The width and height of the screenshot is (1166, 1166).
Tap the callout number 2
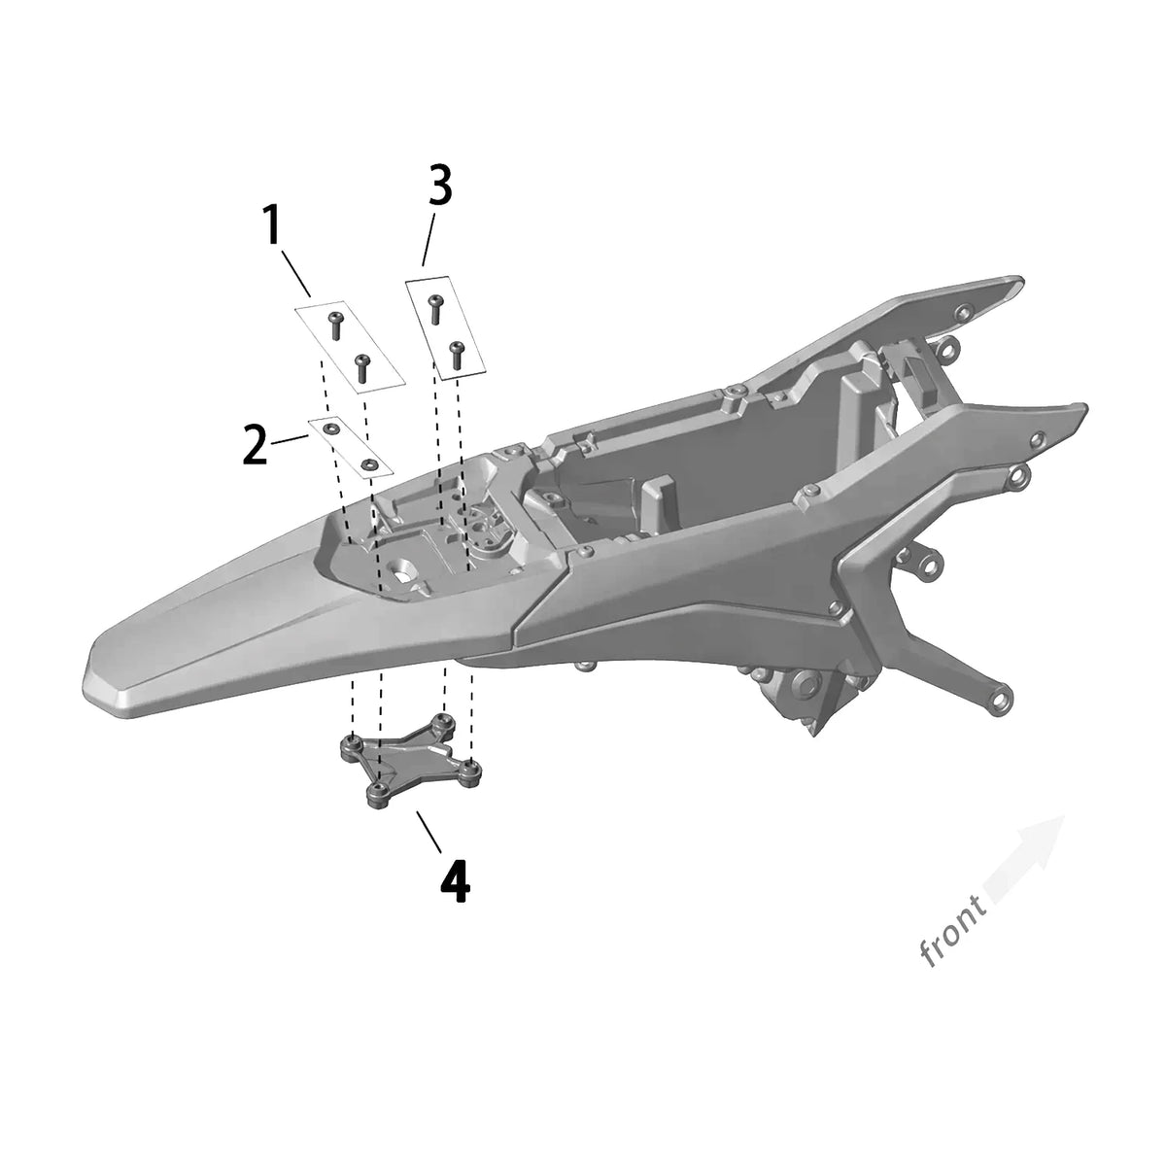[256, 445]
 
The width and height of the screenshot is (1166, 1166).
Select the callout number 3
[440, 186]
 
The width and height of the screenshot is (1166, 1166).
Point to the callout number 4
[455, 881]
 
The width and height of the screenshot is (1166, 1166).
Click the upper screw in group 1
[335, 326]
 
